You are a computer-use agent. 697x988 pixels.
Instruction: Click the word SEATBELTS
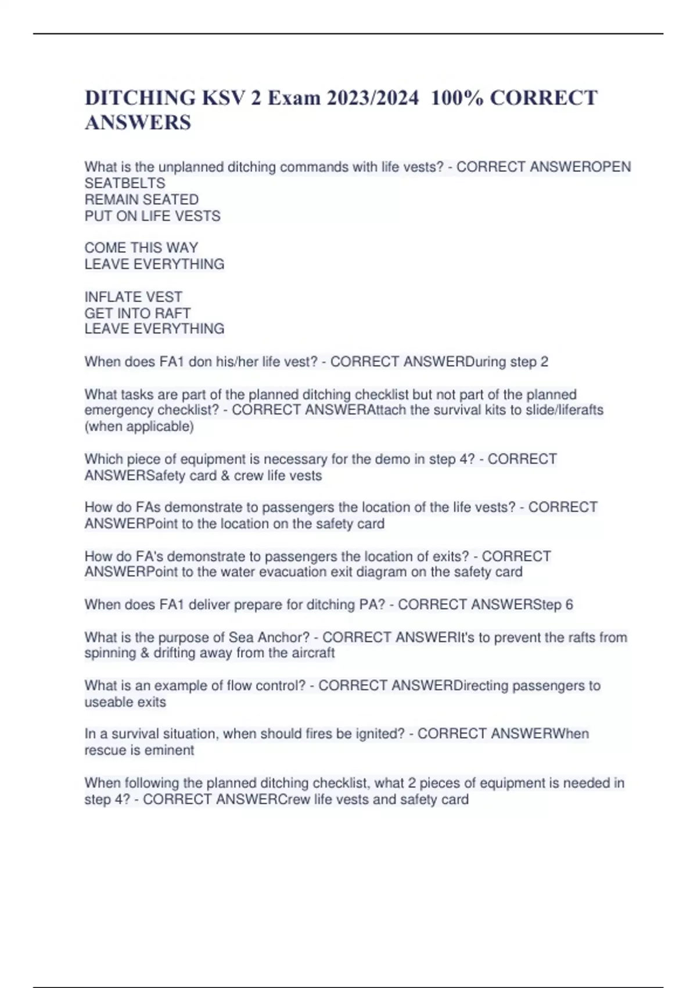coord(125,183)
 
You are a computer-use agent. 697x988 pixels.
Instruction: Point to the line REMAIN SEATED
coord(142,199)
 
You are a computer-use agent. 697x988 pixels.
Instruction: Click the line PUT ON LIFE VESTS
coord(153,216)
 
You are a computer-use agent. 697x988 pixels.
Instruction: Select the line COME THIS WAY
coord(142,248)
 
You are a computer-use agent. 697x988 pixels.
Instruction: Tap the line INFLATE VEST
coord(134,296)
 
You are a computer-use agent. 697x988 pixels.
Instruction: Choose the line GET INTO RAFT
coord(138,313)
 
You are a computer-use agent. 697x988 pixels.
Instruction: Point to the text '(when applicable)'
coord(139,426)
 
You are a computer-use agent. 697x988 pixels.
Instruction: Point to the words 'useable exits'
coord(125,701)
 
